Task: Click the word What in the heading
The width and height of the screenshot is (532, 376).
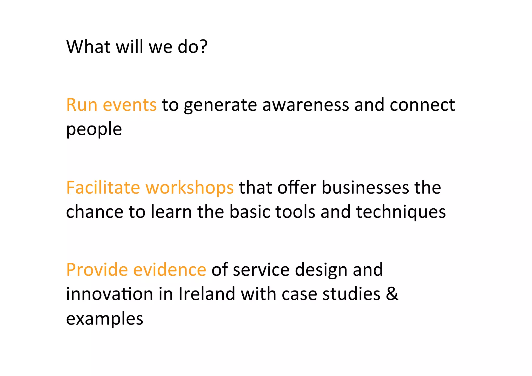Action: [88, 47]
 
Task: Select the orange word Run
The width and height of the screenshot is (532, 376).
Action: [82, 105]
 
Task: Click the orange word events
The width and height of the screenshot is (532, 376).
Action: [130, 105]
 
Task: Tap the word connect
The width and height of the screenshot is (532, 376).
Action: [422, 105]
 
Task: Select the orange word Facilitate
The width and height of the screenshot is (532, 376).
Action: [103, 187]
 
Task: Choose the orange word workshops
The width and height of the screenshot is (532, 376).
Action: [190, 188]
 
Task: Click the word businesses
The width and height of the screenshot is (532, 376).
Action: [365, 187]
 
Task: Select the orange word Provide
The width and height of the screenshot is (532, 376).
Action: [97, 270]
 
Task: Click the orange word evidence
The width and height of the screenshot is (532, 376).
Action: [170, 270]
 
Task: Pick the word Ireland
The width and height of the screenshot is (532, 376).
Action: [207, 294]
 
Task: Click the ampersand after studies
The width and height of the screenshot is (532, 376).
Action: [392, 294]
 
